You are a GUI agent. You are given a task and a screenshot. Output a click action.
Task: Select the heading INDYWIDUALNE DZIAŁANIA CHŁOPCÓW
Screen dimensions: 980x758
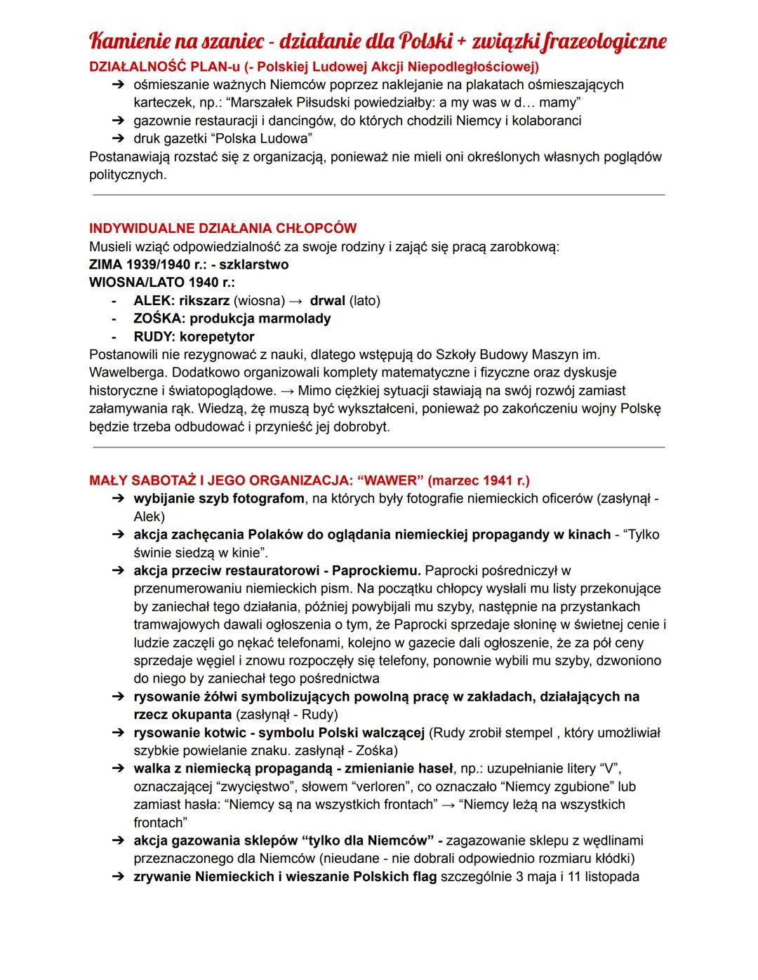222,229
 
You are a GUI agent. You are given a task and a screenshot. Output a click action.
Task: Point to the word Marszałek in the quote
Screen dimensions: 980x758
239,102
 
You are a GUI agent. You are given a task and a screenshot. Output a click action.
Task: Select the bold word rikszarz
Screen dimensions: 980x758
204,301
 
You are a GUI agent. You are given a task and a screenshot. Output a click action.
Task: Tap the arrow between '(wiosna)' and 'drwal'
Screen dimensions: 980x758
295,301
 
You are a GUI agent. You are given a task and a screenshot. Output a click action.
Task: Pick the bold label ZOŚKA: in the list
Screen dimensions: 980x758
159,318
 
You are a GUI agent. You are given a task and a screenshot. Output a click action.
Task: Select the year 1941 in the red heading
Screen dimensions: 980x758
498,481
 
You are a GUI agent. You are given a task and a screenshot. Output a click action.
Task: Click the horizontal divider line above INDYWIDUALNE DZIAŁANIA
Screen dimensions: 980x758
378,195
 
